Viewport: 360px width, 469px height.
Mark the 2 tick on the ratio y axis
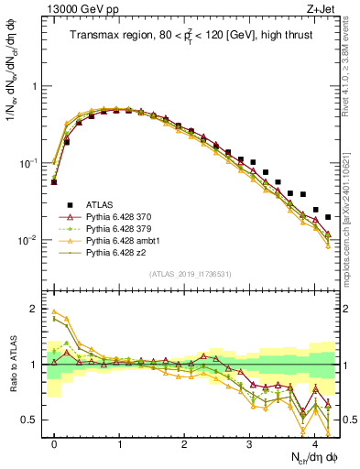[x=35, y=309]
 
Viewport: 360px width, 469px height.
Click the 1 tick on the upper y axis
[x=35, y=86]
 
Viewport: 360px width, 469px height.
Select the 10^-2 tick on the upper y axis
[x=28, y=240]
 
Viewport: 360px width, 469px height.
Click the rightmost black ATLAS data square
[x=328, y=217]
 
